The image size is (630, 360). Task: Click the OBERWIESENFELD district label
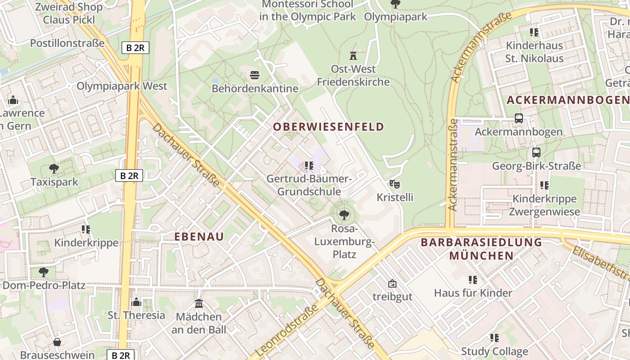tap(328, 127)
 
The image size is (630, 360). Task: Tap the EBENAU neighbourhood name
tap(199, 237)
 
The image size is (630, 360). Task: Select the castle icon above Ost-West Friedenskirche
tap(353, 56)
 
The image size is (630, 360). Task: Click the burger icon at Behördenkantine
tap(255, 75)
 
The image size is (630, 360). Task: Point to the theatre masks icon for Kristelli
tap(395, 184)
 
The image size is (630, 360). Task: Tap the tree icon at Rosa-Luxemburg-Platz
tap(344, 215)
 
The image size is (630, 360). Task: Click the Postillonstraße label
tap(67, 43)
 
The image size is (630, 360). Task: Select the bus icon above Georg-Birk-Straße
tap(536, 152)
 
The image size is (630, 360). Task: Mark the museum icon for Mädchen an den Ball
tap(199, 304)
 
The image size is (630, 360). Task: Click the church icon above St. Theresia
tap(136, 301)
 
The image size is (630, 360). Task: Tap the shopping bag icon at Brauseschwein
tap(57, 342)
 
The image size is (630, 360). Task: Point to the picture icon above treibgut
tap(392, 283)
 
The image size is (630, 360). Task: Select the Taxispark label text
tap(54, 182)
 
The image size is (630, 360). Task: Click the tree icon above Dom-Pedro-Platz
tap(44, 272)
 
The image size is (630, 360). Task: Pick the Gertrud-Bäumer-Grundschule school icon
tap(309, 166)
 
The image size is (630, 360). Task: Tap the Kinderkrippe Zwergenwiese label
tap(544, 205)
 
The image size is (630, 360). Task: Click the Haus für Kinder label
tap(473, 293)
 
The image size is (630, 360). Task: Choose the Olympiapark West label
tap(122, 86)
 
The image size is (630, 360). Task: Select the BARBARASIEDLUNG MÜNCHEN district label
tap(481, 249)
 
